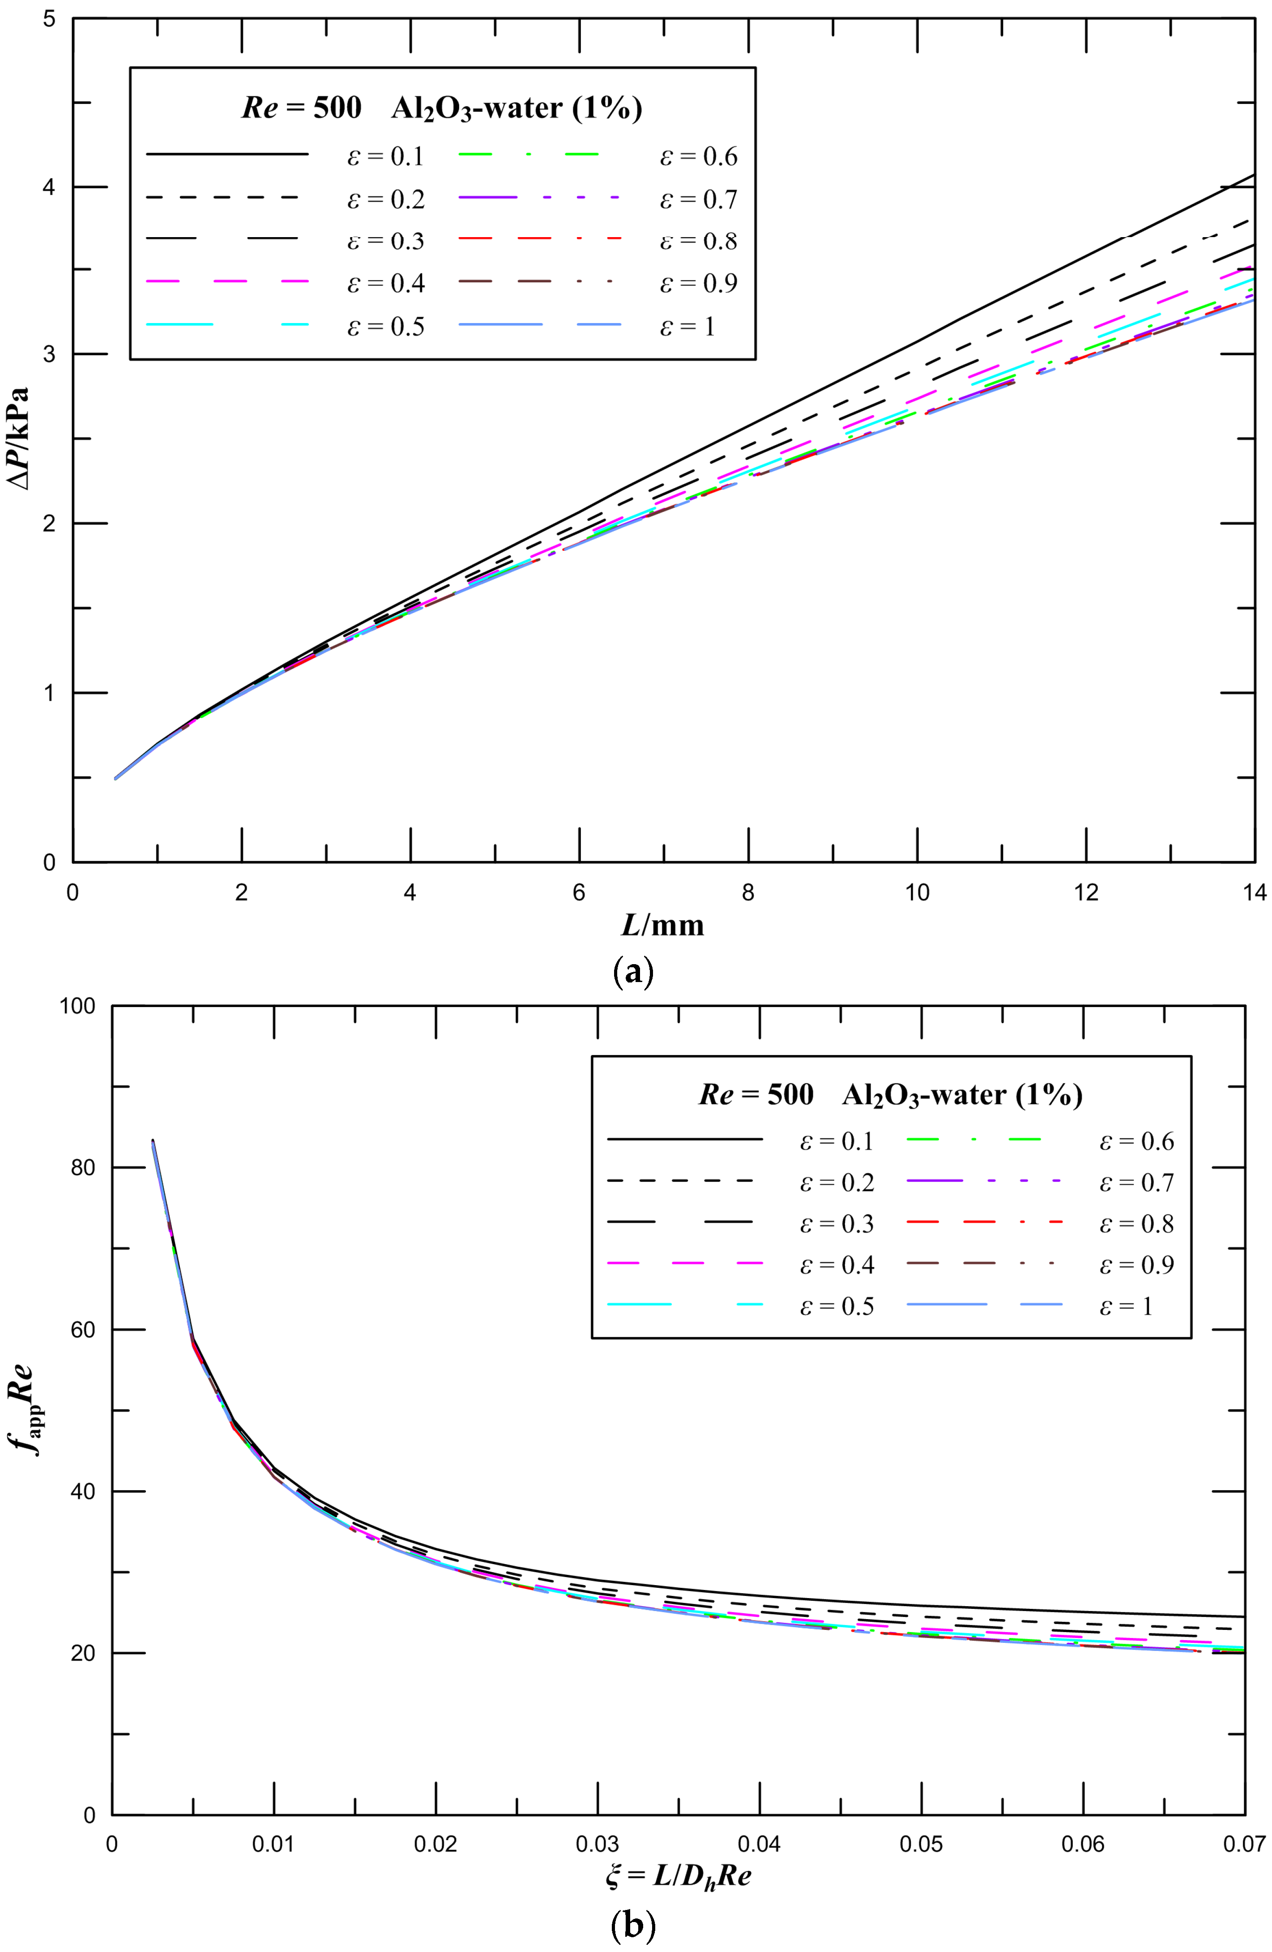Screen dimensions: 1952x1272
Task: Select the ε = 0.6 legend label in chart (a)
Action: click(x=698, y=156)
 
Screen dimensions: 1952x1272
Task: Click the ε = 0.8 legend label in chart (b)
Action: click(x=1136, y=1224)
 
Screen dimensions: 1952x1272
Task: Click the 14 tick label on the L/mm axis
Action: click(x=1254, y=893)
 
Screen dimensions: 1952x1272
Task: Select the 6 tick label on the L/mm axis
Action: click(x=579, y=893)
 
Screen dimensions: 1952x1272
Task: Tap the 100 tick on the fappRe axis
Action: click(x=78, y=1006)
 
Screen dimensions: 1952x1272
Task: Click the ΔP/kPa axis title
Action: click(x=18, y=439)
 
